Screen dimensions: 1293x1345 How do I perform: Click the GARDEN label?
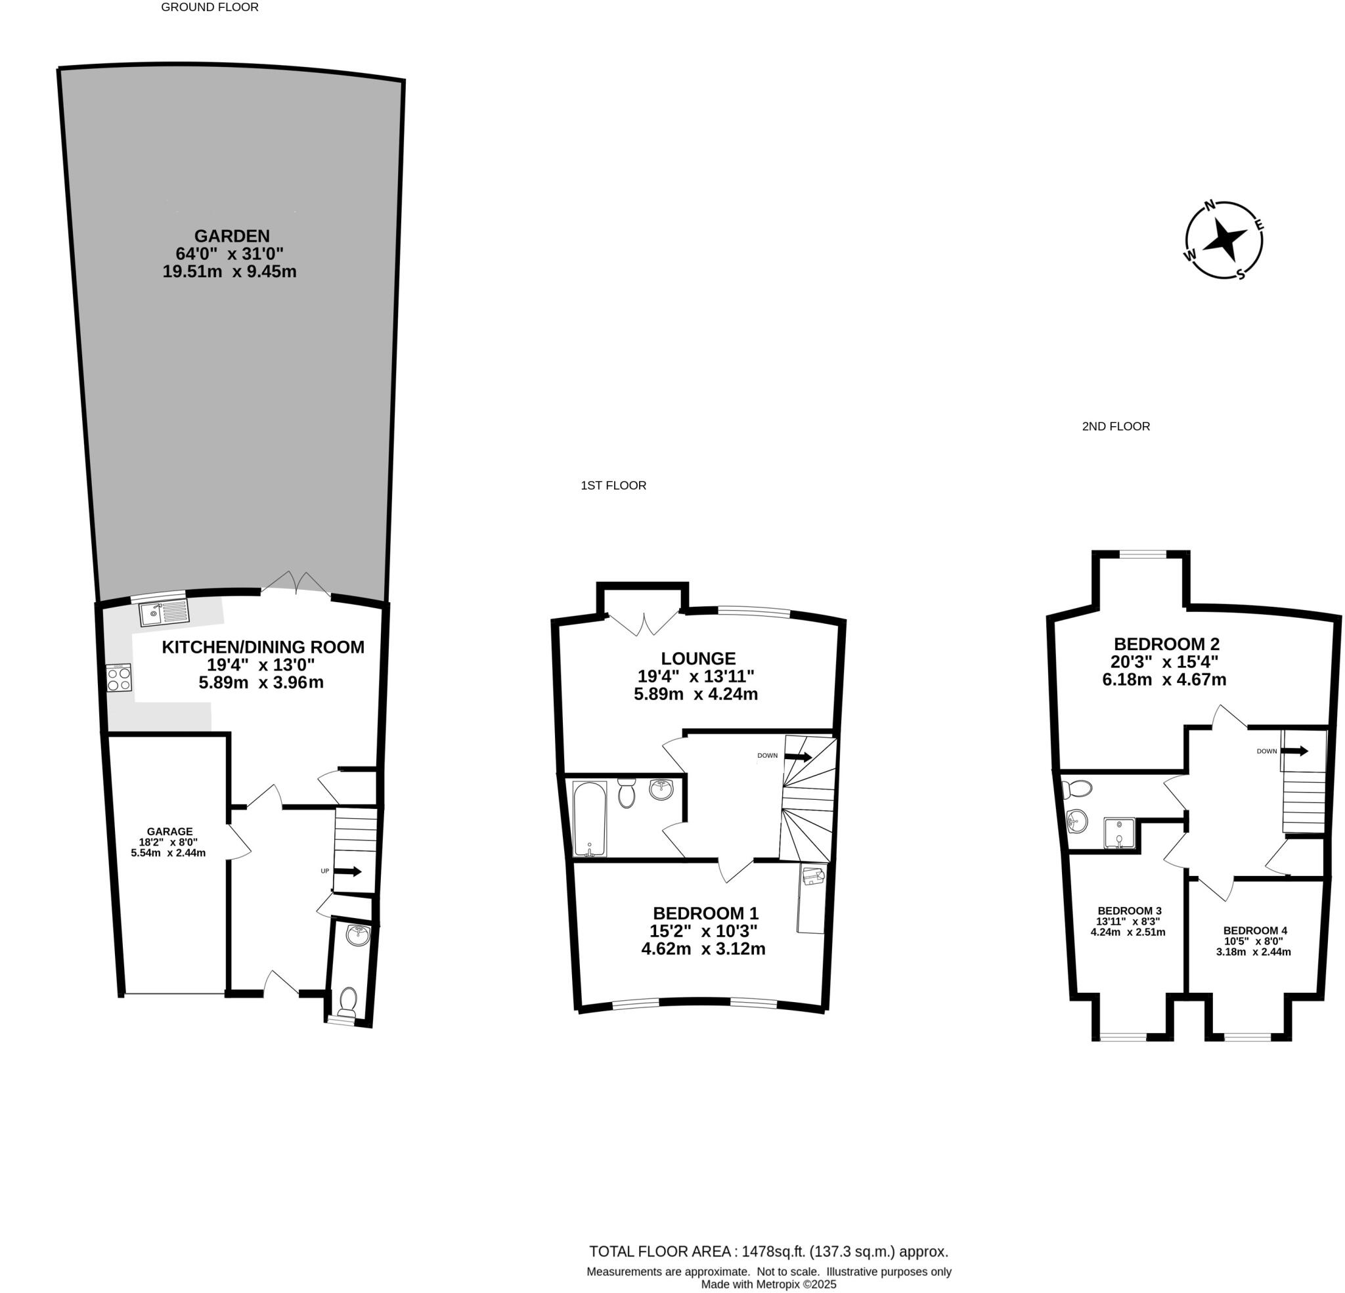(231, 236)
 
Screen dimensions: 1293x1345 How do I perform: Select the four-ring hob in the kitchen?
(119, 678)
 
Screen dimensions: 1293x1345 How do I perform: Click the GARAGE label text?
(169, 831)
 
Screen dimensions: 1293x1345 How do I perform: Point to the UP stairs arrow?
(348, 871)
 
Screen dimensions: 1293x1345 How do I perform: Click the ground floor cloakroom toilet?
(348, 1001)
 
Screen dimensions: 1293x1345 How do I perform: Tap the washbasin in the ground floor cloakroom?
(357, 935)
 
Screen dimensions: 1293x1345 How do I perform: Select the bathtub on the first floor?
(590, 819)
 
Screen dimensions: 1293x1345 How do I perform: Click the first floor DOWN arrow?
(798, 756)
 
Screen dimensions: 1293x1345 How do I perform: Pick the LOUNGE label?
(698, 659)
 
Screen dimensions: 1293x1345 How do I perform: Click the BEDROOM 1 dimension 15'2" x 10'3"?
(703, 931)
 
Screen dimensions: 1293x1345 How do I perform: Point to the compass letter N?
(1210, 204)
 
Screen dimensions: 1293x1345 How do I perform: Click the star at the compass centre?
(1225, 240)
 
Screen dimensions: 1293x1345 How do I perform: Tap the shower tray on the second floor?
(1119, 834)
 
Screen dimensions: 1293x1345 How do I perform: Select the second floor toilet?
(1075, 789)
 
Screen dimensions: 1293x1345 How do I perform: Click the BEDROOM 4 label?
(1255, 931)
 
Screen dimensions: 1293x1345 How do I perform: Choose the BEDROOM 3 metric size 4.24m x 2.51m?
(1128, 932)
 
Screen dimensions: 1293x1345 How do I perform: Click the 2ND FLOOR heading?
(1116, 426)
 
